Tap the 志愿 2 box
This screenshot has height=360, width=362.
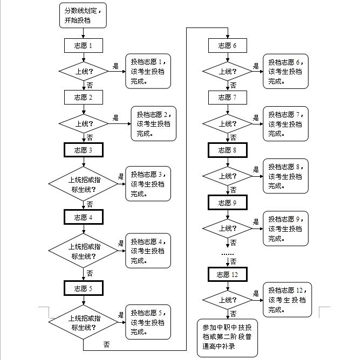(x=84, y=98)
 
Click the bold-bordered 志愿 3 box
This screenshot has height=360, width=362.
(x=84, y=150)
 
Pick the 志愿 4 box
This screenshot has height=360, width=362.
(x=84, y=217)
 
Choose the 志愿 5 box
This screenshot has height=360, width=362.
(x=84, y=288)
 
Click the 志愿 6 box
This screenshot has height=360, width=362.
(x=227, y=45)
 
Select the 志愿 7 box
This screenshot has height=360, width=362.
(x=227, y=98)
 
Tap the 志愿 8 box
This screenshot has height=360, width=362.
(x=227, y=150)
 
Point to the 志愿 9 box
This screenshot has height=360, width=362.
(x=227, y=202)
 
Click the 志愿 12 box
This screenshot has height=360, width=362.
(x=227, y=274)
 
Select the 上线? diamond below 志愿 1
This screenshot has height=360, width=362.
(x=84, y=71)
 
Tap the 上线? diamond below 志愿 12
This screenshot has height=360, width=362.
(x=227, y=299)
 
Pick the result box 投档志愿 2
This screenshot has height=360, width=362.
(x=154, y=124)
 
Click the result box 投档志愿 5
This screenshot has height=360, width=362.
(x=148, y=322)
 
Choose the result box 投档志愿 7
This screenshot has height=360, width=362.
(x=286, y=124)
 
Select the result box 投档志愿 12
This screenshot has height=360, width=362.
(x=286, y=300)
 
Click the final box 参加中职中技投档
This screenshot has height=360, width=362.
(x=227, y=337)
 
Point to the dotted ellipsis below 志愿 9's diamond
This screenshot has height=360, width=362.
(x=227, y=253)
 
